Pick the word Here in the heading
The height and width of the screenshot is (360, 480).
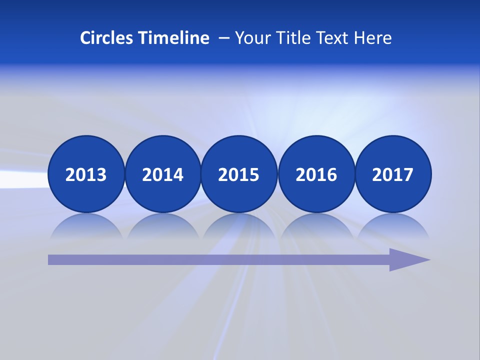pyautogui.click(x=373, y=38)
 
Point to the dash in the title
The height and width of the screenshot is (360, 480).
pyautogui.click(x=224, y=38)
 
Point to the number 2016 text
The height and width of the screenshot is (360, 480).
pyautogui.click(x=316, y=175)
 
